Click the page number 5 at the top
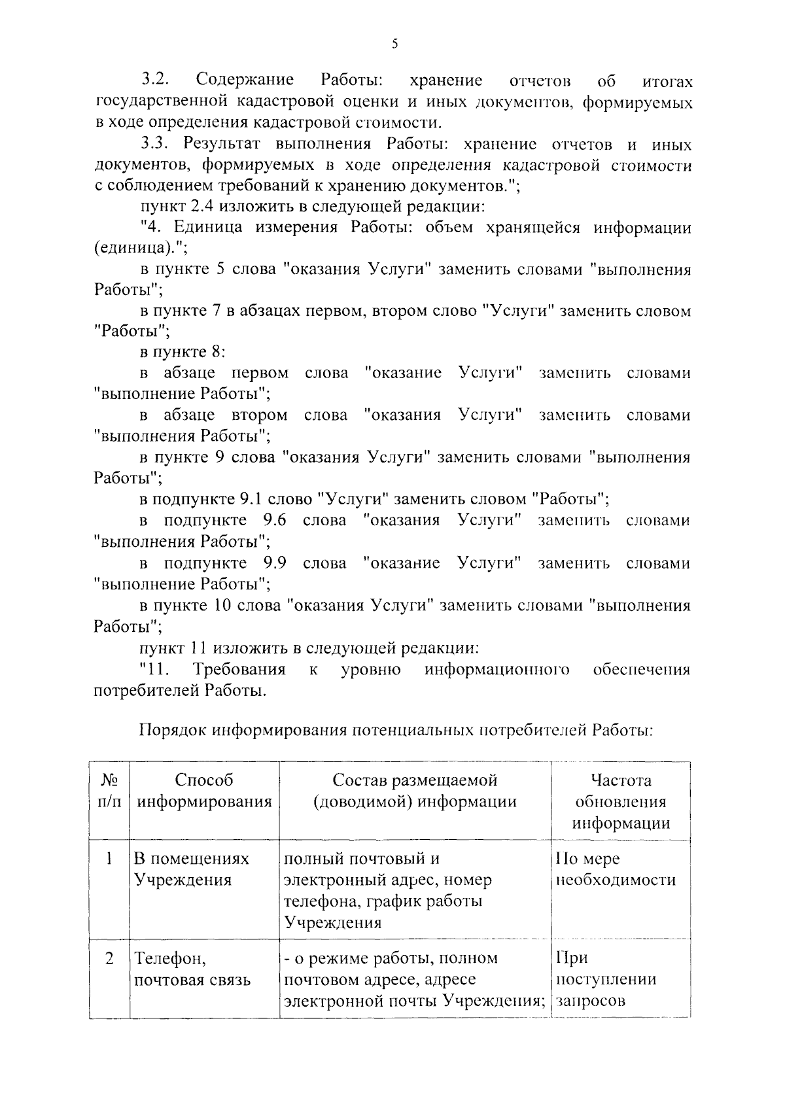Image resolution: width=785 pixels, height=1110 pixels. tap(394, 44)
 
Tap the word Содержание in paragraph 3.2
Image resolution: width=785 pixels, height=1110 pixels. tap(245, 80)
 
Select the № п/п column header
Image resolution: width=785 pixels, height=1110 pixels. tap(109, 790)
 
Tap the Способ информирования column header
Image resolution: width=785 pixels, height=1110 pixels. tap(204, 790)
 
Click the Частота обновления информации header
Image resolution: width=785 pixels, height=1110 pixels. tap(620, 801)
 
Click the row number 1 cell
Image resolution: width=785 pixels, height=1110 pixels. tap(109, 858)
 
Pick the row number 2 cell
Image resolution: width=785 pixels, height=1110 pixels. tap(109, 958)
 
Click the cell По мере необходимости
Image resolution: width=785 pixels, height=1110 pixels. tap(615, 869)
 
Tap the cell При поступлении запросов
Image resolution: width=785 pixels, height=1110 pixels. tap(605, 979)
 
